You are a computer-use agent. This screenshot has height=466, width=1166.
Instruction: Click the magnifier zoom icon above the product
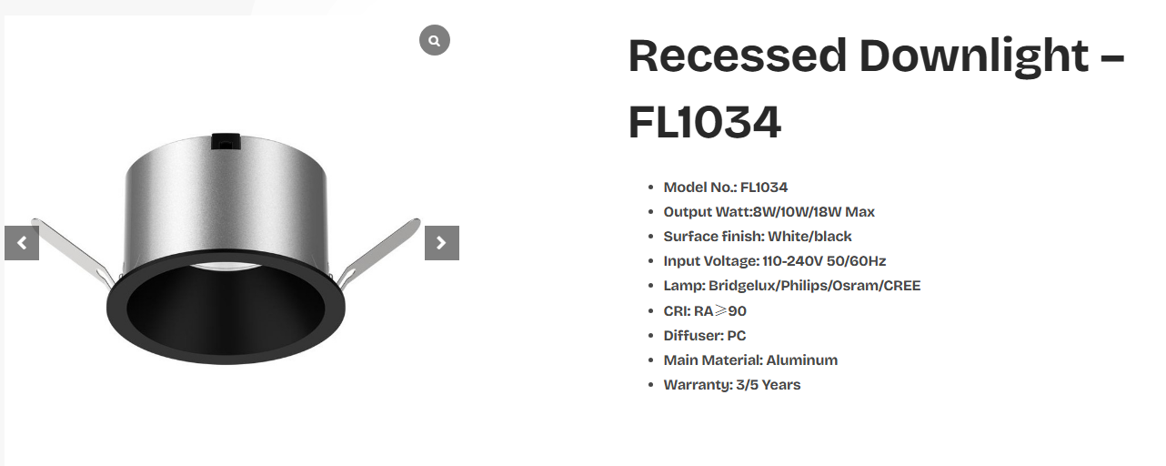pos(434,40)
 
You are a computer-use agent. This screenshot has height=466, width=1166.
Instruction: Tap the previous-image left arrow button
pos(22,243)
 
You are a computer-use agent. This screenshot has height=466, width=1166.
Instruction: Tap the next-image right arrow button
pos(442,243)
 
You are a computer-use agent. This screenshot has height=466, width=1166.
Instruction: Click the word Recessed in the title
pos(737,56)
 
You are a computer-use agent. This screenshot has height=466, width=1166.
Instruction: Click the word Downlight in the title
pos(973,56)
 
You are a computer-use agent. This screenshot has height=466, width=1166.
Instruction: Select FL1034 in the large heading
pos(705,122)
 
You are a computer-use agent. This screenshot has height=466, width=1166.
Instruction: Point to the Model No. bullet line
pos(725,187)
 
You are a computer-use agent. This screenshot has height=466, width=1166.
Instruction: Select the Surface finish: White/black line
pos(758,237)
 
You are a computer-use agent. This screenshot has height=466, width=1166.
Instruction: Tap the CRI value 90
pos(737,311)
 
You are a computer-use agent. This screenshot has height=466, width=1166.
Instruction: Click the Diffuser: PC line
pos(704,335)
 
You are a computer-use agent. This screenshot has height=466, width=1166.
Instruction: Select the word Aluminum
pos(801,360)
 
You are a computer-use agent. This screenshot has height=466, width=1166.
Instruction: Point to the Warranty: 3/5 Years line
pos(732,385)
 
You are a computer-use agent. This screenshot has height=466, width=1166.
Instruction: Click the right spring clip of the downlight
pos(378,252)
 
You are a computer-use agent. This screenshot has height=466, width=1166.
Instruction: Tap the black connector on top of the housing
pos(226,142)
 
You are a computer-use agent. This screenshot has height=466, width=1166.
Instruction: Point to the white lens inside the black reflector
pos(226,267)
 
